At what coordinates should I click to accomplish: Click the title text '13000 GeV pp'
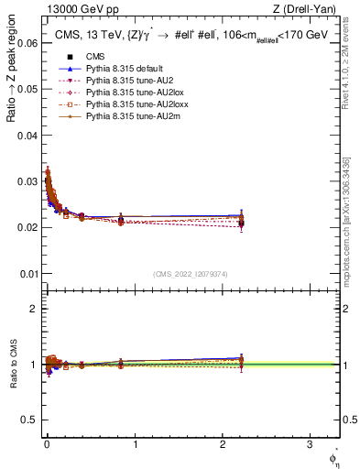tap(77, 10)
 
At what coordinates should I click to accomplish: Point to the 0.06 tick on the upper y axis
tap(27, 42)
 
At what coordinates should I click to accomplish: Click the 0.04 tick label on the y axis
tap(27, 135)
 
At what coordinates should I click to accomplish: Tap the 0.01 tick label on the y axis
tap(27, 273)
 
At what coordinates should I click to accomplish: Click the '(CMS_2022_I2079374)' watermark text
tap(191, 273)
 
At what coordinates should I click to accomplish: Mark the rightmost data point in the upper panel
tap(241, 223)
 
